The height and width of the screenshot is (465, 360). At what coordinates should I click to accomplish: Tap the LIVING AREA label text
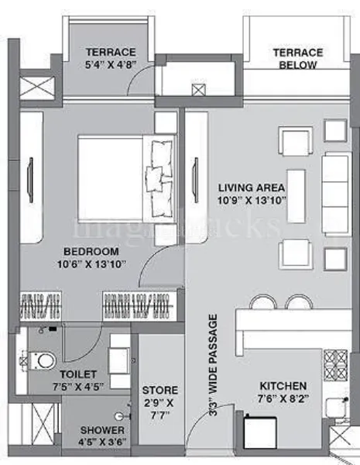(252, 188)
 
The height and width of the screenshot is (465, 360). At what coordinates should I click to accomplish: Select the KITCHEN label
(283, 385)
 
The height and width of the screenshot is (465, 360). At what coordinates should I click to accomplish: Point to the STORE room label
(160, 390)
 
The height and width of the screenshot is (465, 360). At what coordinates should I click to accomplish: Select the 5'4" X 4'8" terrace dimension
(111, 65)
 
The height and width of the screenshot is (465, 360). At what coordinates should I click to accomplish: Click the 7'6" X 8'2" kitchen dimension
(283, 398)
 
